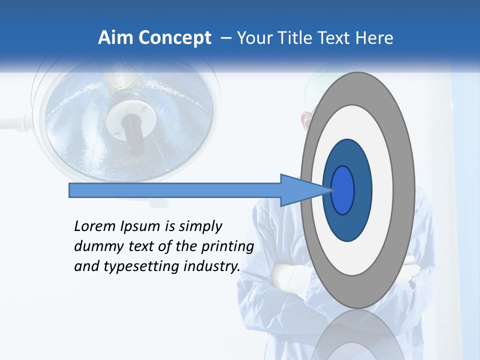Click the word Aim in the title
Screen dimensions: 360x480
click(x=116, y=38)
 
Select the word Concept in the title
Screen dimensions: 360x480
click(x=174, y=38)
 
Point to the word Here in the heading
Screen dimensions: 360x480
click(x=375, y=38)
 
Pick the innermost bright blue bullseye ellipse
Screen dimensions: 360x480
click(x=342, y=190)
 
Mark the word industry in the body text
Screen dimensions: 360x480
click(x=212, y=266)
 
